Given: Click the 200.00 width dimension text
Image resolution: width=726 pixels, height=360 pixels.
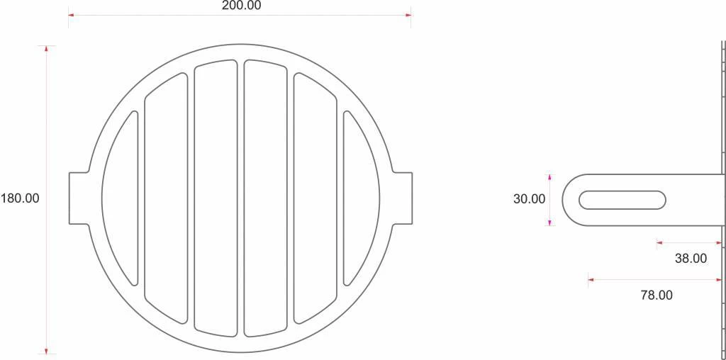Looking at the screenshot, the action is coord(241,6).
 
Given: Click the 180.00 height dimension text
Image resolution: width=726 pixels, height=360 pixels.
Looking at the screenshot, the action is coord(21,198).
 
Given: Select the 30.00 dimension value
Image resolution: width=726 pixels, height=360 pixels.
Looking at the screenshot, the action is coord(529,199).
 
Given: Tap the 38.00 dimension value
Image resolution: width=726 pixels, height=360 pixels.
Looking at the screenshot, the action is coord(691,259).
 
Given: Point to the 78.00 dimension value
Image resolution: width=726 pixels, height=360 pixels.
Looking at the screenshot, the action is coord(657,296).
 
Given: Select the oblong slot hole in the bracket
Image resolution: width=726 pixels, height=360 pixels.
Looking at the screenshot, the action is coord(622,200).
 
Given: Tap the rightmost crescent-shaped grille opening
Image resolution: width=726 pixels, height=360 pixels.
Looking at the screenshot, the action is coord(361,198).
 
